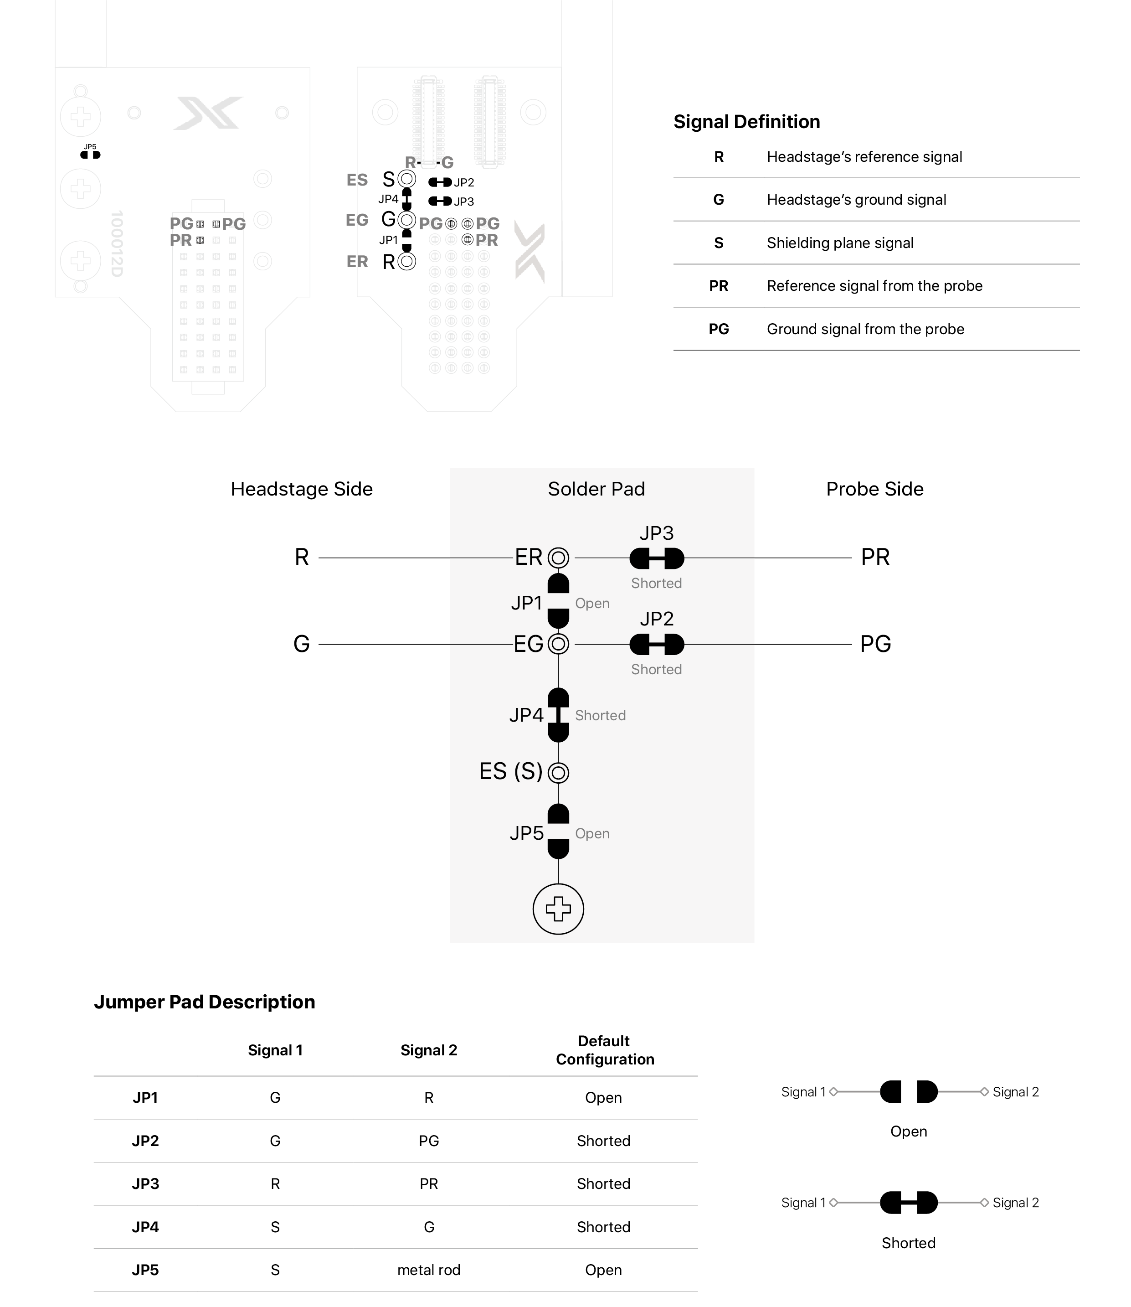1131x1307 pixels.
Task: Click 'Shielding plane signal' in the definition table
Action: (x=839, y=243)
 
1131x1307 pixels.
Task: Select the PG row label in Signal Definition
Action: (x=718, y=329)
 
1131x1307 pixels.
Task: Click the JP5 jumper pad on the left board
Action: (x=90, y=155)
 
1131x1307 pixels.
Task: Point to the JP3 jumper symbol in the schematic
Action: (x=656, y=558)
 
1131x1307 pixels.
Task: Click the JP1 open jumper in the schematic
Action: (x=558, y=601)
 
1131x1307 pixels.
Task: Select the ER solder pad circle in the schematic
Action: (x=558, y=558)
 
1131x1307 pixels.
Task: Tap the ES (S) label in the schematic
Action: (x=511, y=771)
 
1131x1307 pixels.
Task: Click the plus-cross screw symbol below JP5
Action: (x=558, y=909)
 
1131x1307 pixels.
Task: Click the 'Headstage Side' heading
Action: (x=302, y=489)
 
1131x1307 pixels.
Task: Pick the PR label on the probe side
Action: (x=875, y=558)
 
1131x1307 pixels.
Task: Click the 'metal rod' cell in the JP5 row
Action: (x=428, y=1270)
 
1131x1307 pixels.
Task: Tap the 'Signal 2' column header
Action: (x=428, y=1050)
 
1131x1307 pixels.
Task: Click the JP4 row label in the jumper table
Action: (x=145, y=1227)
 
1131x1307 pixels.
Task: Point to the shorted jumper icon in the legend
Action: (x=908, y=1203)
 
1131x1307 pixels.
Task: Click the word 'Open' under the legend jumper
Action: (x=908, y=1131)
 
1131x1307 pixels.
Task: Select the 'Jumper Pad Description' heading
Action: (x=205, y=1002)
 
